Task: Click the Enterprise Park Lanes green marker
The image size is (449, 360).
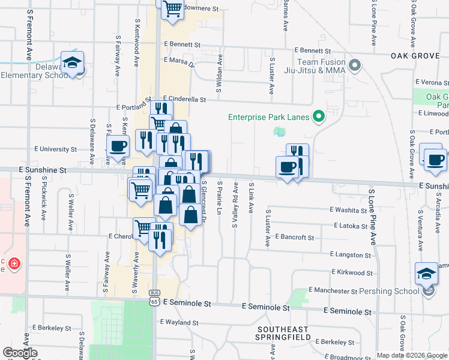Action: tap(319, 116)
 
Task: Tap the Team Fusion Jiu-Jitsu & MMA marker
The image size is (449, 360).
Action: tap(354, 65)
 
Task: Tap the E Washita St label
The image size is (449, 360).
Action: tap(348, 210)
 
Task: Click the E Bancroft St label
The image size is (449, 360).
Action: tap(294, 238)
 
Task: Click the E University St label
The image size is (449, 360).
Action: tap(56, 149)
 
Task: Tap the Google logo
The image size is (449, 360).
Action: tap(20, 353)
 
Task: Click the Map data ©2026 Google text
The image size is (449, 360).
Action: tap(411, 355)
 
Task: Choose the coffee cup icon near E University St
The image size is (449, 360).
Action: tap(118, 146)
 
